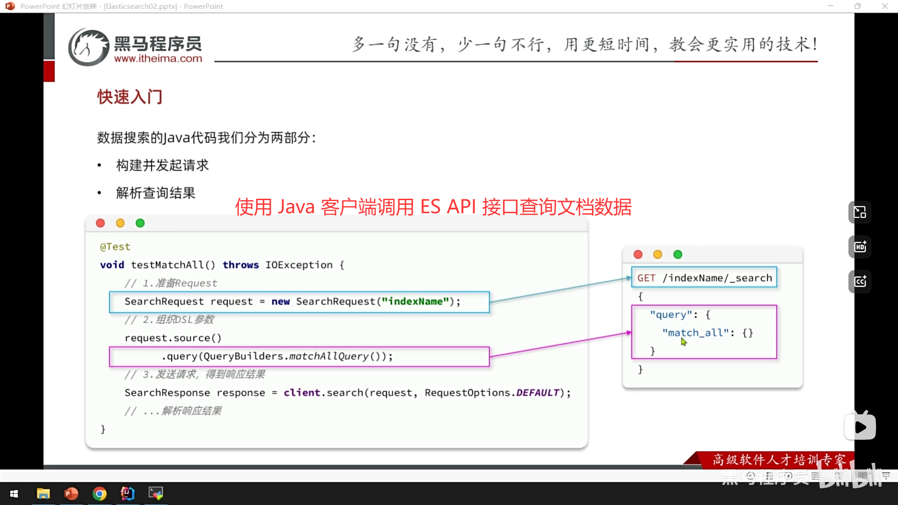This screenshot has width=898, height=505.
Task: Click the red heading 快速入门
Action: (130, 97)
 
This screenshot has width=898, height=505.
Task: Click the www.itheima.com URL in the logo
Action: (158, 59)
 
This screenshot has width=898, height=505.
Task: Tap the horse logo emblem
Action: (88, 47)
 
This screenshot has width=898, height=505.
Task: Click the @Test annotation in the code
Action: (115, 246)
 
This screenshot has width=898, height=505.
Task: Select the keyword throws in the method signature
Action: (240, 265)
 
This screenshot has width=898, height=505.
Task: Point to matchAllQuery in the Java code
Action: (329, 356)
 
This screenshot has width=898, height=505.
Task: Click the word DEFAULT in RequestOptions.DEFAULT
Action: (537, 393)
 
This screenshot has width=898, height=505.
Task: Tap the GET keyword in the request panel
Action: (646, 278)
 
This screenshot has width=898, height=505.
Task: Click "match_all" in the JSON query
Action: (695, 333)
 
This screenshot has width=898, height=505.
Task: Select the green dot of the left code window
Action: (140, 223)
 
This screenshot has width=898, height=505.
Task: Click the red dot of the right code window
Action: (638, 254)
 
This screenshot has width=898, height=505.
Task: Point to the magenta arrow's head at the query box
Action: (629, 332)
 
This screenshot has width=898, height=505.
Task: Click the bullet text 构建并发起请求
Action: (162, 165)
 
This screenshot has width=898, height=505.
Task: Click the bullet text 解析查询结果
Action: (156, 193)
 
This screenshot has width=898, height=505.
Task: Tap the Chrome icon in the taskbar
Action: (99, 493)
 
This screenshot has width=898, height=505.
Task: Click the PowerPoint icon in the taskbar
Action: (71, 493)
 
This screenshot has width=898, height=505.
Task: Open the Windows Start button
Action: (14, 493)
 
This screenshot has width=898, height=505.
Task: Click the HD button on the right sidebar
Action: (860, 247)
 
